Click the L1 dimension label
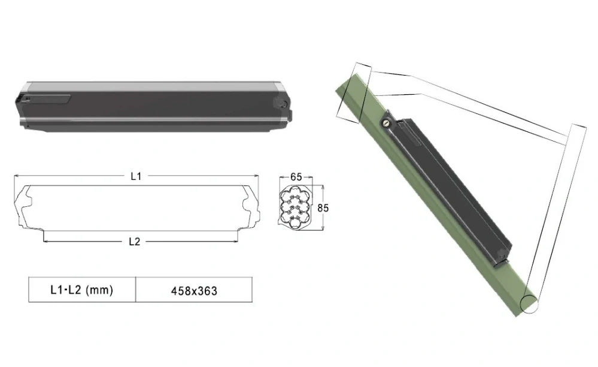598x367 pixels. point(135,176)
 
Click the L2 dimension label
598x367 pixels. point(135,242)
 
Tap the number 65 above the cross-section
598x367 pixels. point(296,178)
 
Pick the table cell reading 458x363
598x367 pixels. point(193,291)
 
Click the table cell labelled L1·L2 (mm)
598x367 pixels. point(82,290)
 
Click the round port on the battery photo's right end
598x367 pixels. point(282,103)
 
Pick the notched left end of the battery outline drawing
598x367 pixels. point(24,207)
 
